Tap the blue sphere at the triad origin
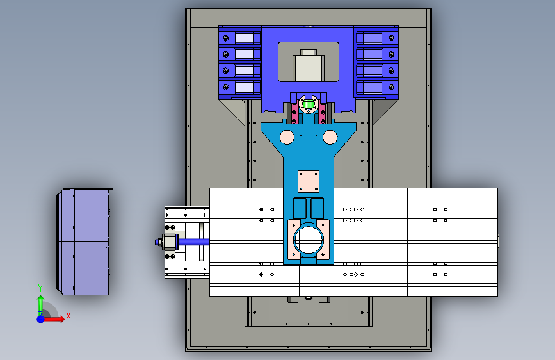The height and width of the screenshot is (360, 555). (x=41, y=319)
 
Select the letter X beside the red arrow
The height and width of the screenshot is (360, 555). (x=68, y=316)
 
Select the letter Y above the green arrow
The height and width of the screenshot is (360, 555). (x=40, y=288)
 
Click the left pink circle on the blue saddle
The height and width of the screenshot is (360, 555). (x=287, y=138)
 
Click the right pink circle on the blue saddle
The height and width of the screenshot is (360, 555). (x=330, y=138)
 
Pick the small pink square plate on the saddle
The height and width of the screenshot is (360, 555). (x=309, y=181)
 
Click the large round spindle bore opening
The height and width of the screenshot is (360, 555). (x=309, y=240)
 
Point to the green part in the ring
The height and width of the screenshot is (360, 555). (x=309, y=104)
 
